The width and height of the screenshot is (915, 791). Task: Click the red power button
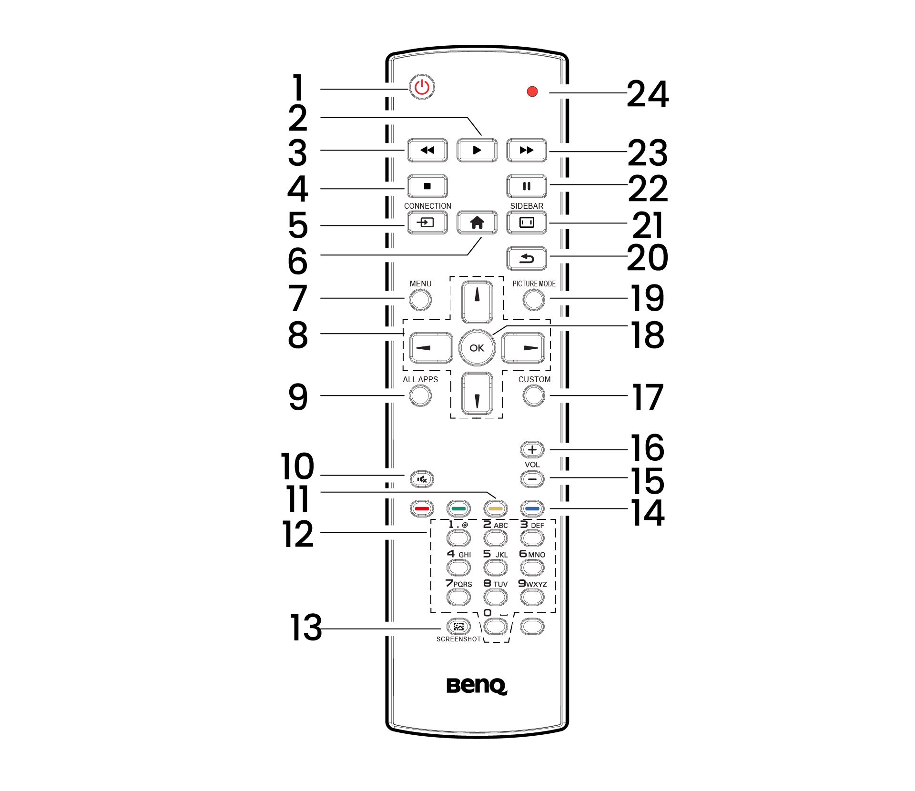422,87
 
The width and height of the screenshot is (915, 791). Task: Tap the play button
477,150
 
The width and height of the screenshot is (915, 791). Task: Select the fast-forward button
526,150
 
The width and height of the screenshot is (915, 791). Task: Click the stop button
427,186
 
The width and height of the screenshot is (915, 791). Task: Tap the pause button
526,186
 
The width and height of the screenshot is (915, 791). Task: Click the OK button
477,348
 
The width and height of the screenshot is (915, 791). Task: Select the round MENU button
420,300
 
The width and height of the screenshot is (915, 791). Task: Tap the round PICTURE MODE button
533,300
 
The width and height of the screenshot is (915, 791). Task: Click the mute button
422,479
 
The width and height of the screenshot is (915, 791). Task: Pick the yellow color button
495,508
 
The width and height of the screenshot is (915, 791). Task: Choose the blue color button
532,508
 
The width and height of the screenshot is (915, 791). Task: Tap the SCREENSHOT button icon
458,627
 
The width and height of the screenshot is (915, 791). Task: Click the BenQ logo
477,686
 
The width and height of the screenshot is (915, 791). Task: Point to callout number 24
648,94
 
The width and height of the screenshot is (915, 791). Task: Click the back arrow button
526,258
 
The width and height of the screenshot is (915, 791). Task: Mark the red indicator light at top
532,91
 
